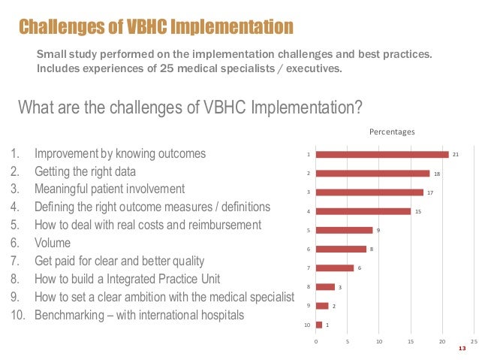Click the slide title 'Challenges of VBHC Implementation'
point(155,26)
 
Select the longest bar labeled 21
point(382,155)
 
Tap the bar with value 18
point(372,174)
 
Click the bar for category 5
point(344,230)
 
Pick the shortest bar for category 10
point(319,325)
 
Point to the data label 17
point(429,192)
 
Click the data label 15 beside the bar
point(417,211)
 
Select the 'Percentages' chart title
point(391,132)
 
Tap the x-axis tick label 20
point(441,341)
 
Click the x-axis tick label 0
point(316,341)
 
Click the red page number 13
point(462,349)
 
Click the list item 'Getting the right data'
point(85,171)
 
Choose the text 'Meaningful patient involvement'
point(110,189)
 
